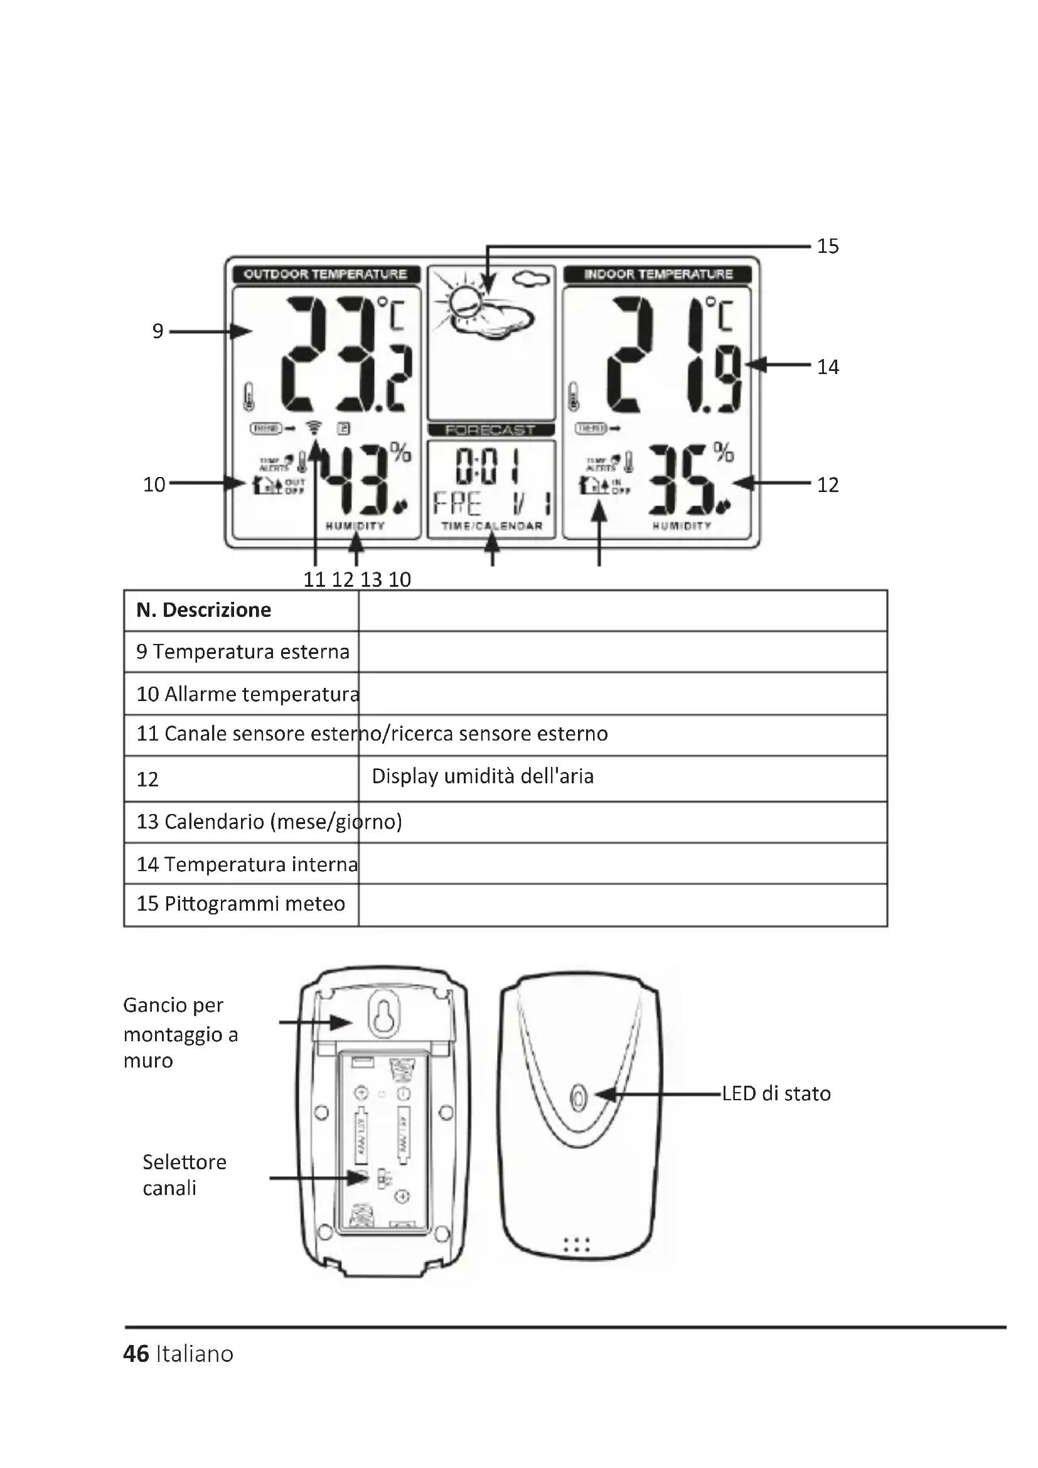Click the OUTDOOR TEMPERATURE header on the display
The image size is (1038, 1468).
click(325, 274)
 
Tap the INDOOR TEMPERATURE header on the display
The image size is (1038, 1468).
click(658, 274)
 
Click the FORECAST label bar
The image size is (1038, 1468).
click(490, 431)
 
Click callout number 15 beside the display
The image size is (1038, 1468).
click(828, 246)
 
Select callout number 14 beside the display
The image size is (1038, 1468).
click(828, 367)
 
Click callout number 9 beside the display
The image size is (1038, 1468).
click(158, 331)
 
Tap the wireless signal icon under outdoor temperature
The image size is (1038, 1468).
click(314, 428)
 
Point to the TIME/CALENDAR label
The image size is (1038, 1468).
click(491, 526)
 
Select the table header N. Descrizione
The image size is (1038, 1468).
click(203, 610)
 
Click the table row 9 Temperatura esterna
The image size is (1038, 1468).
click(243, 651)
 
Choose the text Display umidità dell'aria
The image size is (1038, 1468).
click(483, 776)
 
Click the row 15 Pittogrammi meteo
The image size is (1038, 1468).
click(240, 903)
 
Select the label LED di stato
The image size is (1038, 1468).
click(776, 1094)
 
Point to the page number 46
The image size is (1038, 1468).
click(136, 1354)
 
